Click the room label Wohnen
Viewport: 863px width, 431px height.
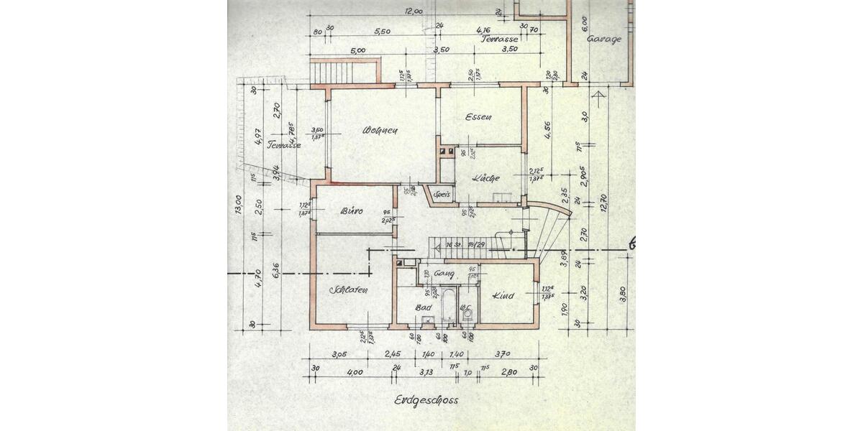click(x=380, y=131)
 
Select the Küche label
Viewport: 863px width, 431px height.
click(x=486, y=177)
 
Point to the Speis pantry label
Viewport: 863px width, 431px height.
click(x=442, y=194)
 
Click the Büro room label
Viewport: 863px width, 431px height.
click(x=352, y=211)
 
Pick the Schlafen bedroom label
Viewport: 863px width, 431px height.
click(x=349, y=290)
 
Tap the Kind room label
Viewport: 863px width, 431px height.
click(x=503, y=295)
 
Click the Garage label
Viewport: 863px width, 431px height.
click(x=603, y=40)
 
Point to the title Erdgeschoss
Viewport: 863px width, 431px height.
click(x=426, y=400)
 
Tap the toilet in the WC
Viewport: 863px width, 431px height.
click(x=467, y=314)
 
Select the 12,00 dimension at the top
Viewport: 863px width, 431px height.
click(x=413, y=11)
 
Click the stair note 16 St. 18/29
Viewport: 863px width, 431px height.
click(x=465, y=245)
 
